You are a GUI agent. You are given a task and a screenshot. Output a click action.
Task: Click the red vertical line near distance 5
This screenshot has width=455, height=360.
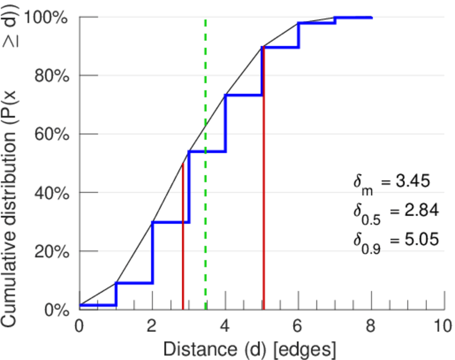click(263, 180)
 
